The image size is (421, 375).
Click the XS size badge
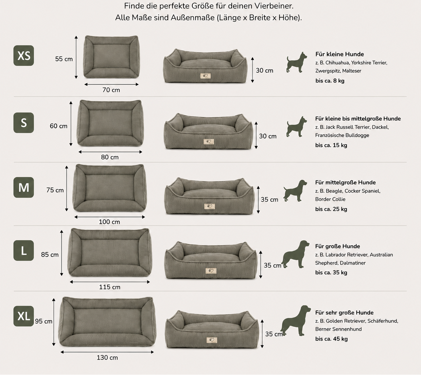[x=24, y=55]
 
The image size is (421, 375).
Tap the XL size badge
[x=24, y=316]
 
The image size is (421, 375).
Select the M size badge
[x=24, y=187]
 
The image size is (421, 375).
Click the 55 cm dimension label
[x=64, y=59]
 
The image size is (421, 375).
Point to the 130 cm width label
[x=107, y=358]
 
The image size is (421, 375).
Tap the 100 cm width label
[x=109, y=222]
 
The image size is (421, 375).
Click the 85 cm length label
[x=50, y=255]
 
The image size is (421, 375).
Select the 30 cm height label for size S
[x=268, y=136]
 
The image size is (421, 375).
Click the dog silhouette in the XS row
[x=297, y=62]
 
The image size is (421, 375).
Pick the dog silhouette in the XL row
[x=295, y=321]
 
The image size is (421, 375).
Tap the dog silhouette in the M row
[x=295, y=191]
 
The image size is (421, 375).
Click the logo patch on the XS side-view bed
[x=205, y=76]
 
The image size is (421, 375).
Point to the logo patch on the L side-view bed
[x=211, y=271]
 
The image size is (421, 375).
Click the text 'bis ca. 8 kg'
[x=330, y=81]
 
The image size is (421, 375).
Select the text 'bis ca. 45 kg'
[x=331, y=339]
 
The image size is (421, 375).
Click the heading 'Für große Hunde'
[x=337, y=246]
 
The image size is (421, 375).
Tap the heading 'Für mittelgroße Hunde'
[x=345, y=183]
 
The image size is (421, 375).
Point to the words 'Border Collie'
[x=330, y=199]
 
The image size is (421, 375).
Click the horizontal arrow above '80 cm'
[x=110, y=152]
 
